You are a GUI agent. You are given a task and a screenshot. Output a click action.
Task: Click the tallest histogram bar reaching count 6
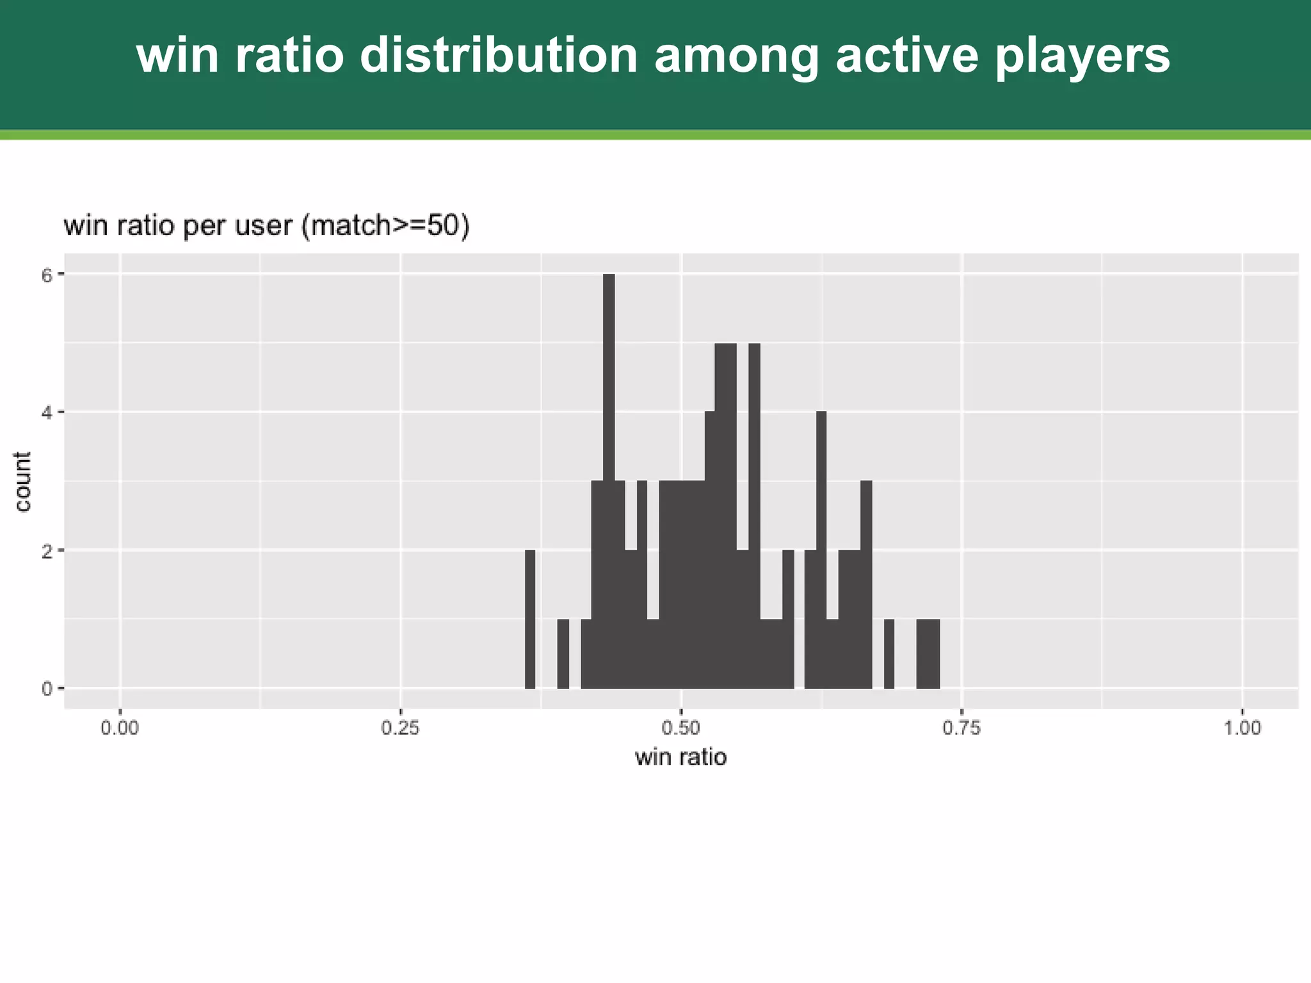coord(609,480)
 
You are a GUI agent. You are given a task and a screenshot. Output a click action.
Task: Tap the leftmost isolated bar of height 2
coord(530,618)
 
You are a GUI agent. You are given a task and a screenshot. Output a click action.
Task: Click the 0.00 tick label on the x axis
coord(120,728)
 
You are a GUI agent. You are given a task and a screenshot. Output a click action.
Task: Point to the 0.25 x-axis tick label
coord(400,728)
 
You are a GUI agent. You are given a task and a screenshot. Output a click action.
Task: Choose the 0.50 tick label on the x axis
coord(681,728)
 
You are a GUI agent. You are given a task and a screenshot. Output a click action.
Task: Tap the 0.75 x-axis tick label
coord(961,728)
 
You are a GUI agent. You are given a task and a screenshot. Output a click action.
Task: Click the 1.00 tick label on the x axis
coord(1242,728)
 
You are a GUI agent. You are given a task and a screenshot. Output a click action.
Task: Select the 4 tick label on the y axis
coord(46,413)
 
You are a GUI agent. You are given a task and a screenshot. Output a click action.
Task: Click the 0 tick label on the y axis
coord(46,689)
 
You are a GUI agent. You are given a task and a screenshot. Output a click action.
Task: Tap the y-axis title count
coord(23,481)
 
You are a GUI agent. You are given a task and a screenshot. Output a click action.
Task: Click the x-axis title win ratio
coord(680,758)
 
